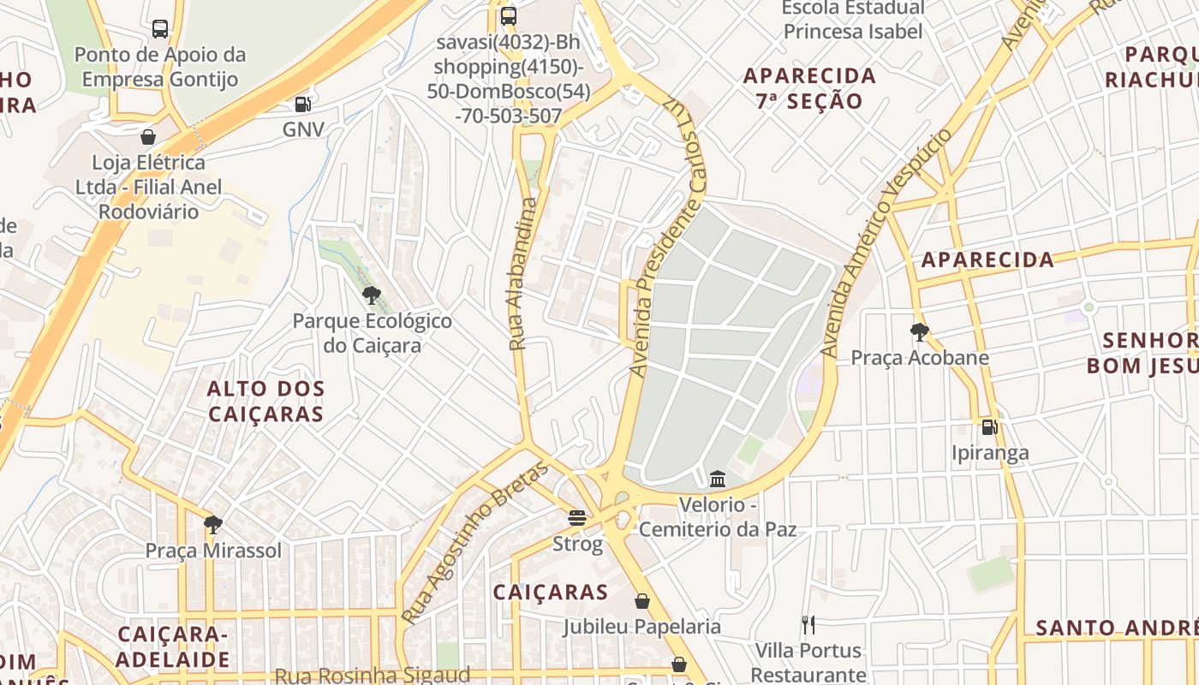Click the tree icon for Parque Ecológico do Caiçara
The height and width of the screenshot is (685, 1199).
click(371, 295)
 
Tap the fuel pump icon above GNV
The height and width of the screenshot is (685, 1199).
click(301, 104)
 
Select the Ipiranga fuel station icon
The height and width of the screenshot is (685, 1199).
click(989, 426)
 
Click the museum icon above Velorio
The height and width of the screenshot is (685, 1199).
click(718, 478)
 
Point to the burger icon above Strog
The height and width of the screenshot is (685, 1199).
click(577, 517)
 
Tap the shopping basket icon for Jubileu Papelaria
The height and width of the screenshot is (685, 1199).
click(641, 601)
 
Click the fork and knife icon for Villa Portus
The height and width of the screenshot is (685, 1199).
click(808, 624)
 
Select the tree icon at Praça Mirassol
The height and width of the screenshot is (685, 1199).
click(212, 524)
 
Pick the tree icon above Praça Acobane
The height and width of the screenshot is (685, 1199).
click(919, 331)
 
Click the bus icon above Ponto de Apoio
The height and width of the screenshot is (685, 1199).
click(160, 29)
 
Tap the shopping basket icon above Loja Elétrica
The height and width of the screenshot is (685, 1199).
click(148, 137)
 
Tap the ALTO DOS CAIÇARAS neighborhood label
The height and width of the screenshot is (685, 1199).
click(265, 402)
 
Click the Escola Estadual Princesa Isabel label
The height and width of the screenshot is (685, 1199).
click(853, 20)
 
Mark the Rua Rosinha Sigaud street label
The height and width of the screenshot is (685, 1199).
click(372, 675)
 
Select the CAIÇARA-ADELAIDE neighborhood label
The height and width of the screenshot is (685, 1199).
click(173, 646)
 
